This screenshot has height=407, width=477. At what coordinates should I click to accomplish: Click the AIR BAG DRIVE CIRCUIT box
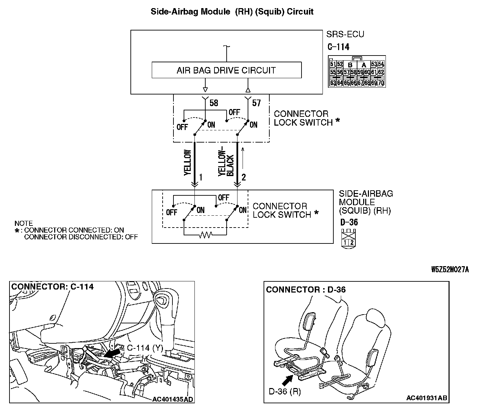pyautogui.click(x=226, y=70)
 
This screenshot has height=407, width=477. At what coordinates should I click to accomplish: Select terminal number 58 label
pyautogui.click(x=214, y=103)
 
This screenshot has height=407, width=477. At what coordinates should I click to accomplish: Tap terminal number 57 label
pyautogui.click(x=256, y=103)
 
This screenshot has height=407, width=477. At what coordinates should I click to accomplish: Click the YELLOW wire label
pyautogui.click(x=187, y=163)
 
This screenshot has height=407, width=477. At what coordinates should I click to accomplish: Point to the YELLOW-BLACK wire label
pyautogui.click(x=226, y=163)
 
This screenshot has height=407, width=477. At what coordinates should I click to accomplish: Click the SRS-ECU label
pyautogui.click(x=345, y=34)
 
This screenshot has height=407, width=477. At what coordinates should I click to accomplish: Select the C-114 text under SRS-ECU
pyautogui.click(x=338, y=47)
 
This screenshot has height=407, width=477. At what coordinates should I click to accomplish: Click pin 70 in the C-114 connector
pyautogui.click(x=381, y=82)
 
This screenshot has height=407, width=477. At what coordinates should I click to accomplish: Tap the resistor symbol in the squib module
pyautogui.click(x=205, y=235)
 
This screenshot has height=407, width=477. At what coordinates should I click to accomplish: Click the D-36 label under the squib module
pyautogui.click(x=349, y=222)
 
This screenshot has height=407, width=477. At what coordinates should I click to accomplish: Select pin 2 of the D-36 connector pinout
pyautogui.click(x=352, y=242)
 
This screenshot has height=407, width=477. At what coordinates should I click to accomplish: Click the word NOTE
pyautogui.click(x=24, y=223)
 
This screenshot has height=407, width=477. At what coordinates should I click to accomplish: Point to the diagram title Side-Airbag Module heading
pyautogui.click(x=232, y=12)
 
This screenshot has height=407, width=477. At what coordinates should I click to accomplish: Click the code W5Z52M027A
pyautogui.click(x=450, y=270)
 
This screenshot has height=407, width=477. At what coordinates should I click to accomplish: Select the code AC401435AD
pyautogui.click(x=173, y=399)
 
